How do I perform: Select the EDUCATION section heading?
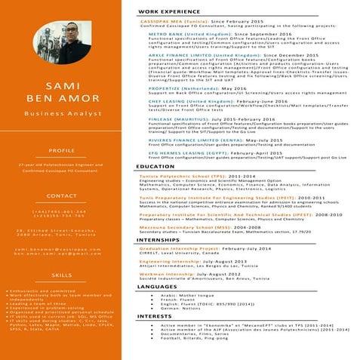(x=155, y=167)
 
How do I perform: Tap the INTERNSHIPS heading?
(x=158, y=240)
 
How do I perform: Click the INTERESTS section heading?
(x=155, y=316)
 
